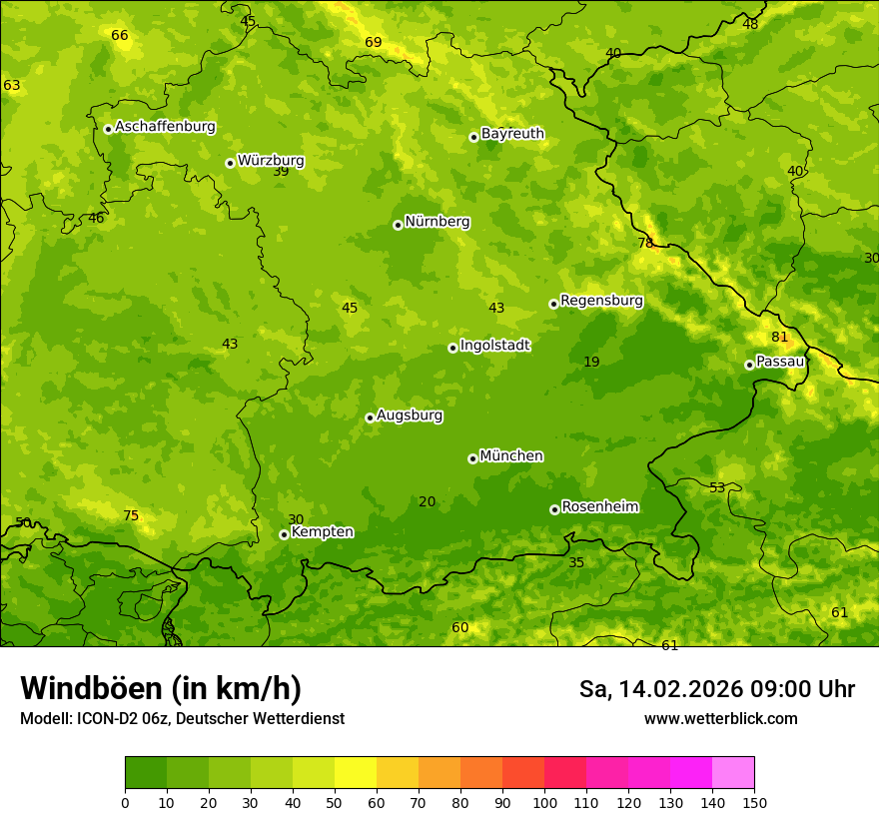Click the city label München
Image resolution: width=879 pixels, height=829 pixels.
click(511, 456)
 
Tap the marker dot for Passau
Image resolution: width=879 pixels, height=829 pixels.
click(749, 365)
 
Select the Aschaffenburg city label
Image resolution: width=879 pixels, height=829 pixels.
click(165, 127)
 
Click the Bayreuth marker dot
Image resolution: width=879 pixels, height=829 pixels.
click(473, 137)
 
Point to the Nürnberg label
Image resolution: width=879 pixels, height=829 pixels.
click(437, 222)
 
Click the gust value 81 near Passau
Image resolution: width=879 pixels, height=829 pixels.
click(779, 337)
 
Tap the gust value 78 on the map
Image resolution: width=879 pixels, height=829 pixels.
click(645, 243)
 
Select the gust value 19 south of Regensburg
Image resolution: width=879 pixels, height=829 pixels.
click(591, 362)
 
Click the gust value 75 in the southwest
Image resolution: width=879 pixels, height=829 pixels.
click(131, 515)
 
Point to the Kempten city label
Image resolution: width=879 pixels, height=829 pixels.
click(322, 532)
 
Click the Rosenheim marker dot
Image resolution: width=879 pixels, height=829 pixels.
click(554, 509)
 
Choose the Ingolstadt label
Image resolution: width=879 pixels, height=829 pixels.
click(494, 346)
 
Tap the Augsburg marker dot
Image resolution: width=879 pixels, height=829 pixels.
click(370, 417)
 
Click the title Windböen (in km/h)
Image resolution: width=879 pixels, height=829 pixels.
click(161, 688)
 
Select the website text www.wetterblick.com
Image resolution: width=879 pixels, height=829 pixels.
click(720, 718)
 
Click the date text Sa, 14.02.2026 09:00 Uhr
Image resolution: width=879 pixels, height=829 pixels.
click(716, 689)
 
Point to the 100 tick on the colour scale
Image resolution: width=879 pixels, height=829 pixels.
click(544, 802)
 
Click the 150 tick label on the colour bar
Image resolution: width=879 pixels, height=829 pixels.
click(753, 802)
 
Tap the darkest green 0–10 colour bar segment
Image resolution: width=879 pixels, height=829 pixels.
click(146, 773)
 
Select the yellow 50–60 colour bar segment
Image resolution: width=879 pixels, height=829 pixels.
click(356, 773)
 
